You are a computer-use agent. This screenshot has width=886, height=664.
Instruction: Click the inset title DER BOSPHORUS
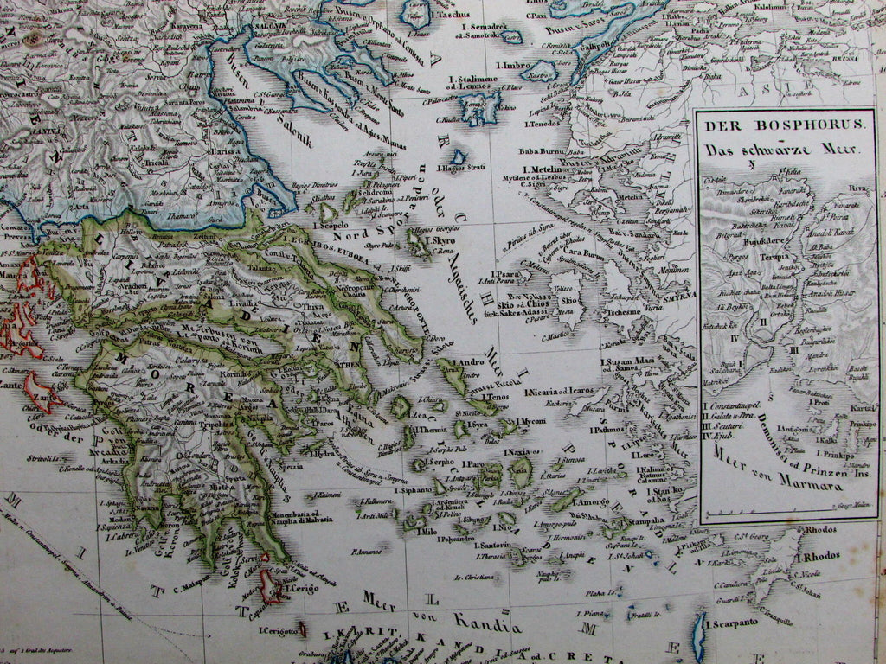coord(784,124)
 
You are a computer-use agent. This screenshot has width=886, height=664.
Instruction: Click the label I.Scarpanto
coord(734,622)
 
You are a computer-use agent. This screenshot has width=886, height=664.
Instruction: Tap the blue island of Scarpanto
coord(699,638)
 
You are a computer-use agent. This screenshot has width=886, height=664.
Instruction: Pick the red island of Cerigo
coord(271,588)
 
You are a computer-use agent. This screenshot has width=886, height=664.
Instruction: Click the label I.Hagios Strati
coord(459,169)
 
